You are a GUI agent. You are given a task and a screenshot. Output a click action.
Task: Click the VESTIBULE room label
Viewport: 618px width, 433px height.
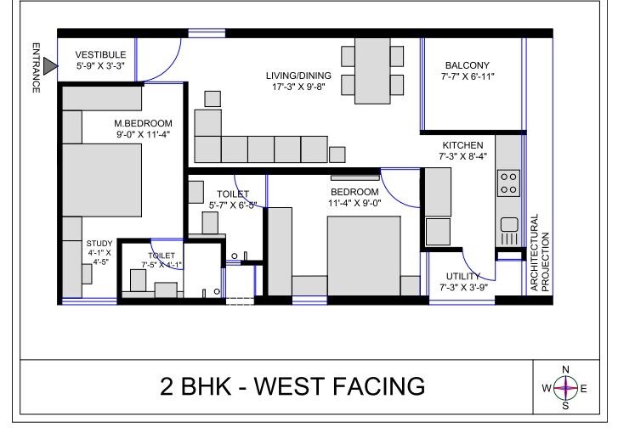point(101,54)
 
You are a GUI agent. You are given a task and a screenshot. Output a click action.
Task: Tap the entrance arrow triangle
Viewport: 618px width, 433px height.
point(51,65)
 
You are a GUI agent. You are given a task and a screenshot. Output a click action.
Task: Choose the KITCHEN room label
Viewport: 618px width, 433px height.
point(462,145)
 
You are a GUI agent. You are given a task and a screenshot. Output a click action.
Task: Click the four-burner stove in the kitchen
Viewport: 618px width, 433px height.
point(508,183)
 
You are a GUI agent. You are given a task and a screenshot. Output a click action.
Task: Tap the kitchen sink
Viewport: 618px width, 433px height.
point(509,225)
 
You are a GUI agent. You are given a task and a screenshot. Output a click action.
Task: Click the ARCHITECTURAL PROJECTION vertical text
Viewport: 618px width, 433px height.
point(540,253)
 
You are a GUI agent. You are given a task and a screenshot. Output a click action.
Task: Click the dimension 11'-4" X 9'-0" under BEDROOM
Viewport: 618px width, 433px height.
point(355,203)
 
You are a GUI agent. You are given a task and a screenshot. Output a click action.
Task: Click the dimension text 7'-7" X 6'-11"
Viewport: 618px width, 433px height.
point(468,76)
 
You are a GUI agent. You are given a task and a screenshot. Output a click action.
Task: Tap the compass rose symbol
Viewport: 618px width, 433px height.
point(565,388)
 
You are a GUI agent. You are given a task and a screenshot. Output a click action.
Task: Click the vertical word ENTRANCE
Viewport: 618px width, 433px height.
point(36,67)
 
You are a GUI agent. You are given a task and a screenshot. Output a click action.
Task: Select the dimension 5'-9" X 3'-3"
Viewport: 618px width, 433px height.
point(101,65)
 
